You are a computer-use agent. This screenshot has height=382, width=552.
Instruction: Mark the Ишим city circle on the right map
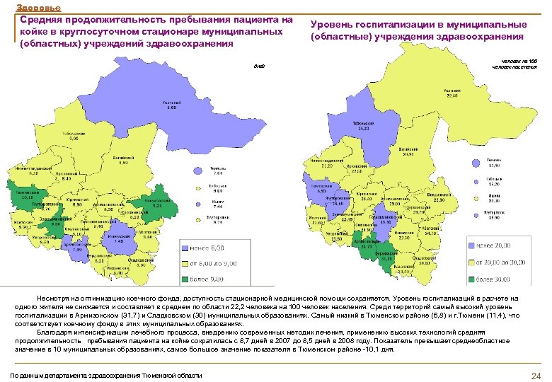(x=481, y=196)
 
